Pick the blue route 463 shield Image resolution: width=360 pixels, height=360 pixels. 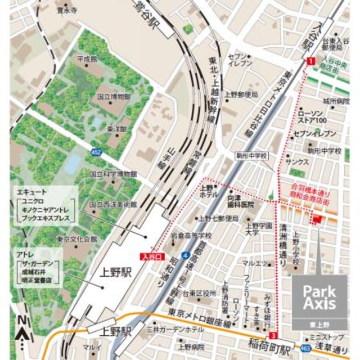(305, 349)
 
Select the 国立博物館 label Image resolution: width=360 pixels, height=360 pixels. (113, 96)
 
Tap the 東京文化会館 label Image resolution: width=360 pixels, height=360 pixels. (77, 238)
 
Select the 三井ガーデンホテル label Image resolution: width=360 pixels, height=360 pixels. (175, 328)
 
